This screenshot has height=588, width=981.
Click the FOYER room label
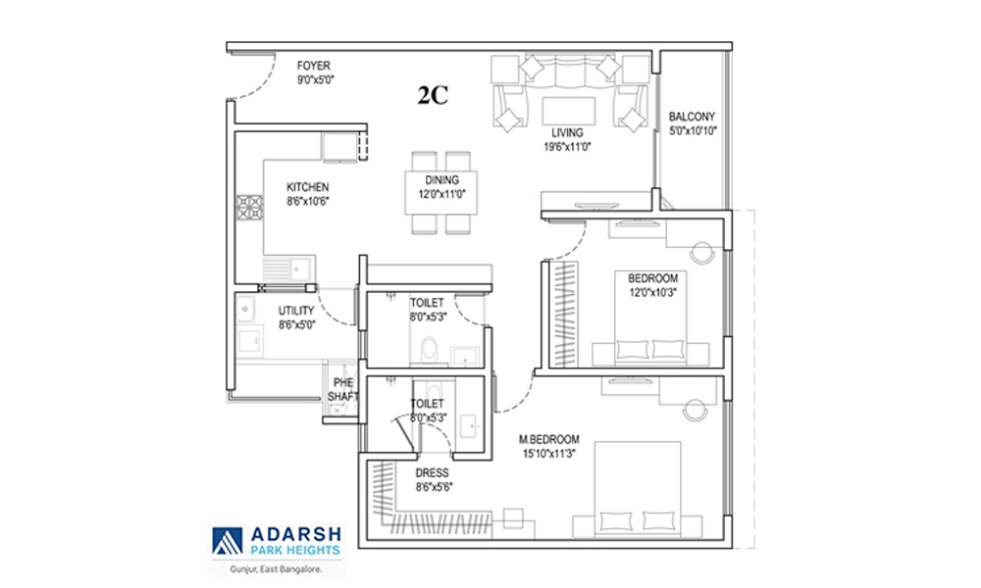pyautogui.click(x=314, y=66)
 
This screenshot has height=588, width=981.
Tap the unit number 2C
pyautogui.click(x=433, y=96)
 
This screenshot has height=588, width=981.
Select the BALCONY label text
pyautogui.click(x=692, y=117)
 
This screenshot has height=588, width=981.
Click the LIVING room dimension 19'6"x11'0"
pyautogui.click(x=567, y=147)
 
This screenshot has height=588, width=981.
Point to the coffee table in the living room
pyautogui.click(x=569, y=111)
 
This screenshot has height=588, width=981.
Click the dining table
pyautogui.click(x=441, y=192)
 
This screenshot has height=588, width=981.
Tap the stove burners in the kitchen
pyautogui.click(x=249, y=208)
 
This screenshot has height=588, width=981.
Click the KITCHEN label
pyautogui.click(x=307, y=187)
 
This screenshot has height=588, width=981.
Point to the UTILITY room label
pyautogui.click(x=296, y=311)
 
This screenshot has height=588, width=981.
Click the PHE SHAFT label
pyautogui.click(x=342, y=389)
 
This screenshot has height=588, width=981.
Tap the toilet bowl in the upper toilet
pyautogui.click(x=430, y=350)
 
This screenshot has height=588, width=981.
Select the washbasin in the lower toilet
pyautogui.click(x=468, y=425)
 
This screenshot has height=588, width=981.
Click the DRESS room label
pyautogui.click(x=432, y=473)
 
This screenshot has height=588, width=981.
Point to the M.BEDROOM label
pyautogui.click(x=548, y=439)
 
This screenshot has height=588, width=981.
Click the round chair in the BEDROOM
pyautogui.click(x=702, y=253)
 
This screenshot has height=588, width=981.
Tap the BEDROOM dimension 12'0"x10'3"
pyautogui.click(x=652, y=292)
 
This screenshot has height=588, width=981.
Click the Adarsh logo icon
pyautogui.click(x=228, y=541)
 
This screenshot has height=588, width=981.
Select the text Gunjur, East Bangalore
pyautogui.click(x=276, y=569)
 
